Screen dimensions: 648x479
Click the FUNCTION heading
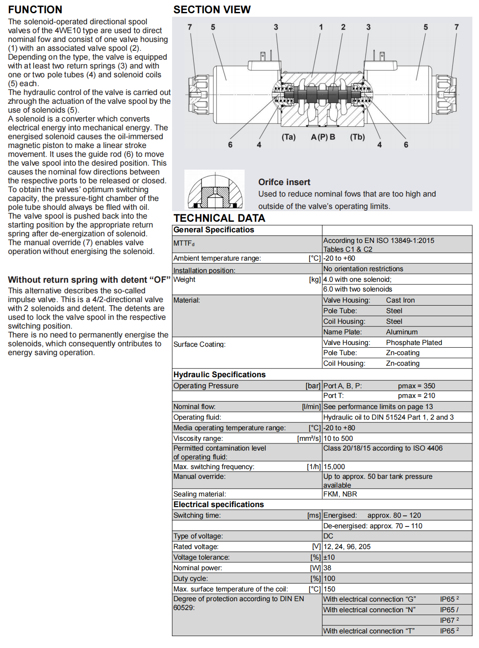pos(35,10)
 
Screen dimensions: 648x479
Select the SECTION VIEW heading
pos(212,10)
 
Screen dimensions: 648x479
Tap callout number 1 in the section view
pos(321,27)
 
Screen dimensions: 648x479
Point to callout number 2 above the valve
pos(343,27)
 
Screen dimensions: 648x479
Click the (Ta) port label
pos(288,137)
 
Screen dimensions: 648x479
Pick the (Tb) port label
pos(357,137)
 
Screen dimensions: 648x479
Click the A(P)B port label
pos(323,137)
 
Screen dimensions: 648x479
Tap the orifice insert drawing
pos(215,190)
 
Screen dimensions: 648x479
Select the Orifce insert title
pos(284,182)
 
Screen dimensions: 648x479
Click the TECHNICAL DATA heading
pos(219,218)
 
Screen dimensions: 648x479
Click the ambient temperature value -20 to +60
pos(339,258)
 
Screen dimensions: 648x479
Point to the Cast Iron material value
pos(400,300)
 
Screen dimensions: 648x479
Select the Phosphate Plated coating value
pos(414,343)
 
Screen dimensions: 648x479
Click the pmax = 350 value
pos(416,386)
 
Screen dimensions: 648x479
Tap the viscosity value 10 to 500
pos(338,439)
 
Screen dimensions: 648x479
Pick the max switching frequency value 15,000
pos(334,467)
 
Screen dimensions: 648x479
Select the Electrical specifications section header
pos(218,504)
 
